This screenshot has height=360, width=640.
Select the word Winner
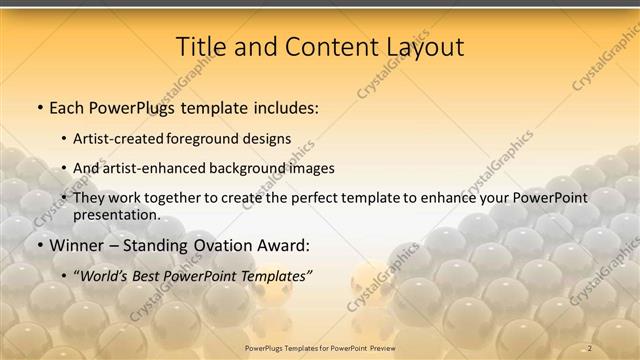point(78,245)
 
